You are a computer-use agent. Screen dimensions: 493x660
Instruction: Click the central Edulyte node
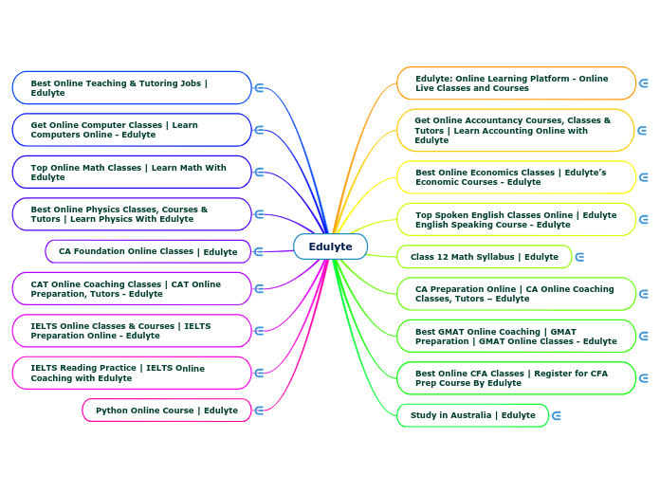click(330, 246)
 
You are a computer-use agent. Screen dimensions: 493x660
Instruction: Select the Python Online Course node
click(167, 411)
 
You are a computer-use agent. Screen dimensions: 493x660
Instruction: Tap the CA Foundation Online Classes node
click(148, 251)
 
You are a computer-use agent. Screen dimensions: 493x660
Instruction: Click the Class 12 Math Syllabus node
click(484, 257)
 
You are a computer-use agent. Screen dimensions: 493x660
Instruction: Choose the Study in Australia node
click(472, 415)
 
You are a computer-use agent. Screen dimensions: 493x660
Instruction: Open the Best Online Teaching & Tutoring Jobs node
click(132, 88)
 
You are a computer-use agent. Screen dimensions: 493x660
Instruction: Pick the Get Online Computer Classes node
click(132, 130)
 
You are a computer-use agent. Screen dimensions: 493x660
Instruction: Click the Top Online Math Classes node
click(132, 173)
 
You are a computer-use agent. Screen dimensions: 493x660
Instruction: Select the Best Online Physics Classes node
click(132, 214)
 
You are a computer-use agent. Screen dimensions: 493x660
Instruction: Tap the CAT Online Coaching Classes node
click(132, 289)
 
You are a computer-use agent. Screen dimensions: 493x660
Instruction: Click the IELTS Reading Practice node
click(132, 374)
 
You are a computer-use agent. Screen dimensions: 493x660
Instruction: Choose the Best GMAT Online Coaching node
click(516, 337)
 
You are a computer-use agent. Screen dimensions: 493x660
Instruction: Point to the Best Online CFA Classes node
click(516, 378)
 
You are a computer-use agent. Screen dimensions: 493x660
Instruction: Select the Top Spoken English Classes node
click(516, 220)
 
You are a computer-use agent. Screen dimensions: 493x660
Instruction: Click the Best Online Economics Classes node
click(516, 177)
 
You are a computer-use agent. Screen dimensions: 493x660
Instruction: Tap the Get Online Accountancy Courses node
click(516, 131)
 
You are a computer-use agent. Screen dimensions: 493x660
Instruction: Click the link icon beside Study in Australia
click(557, 415)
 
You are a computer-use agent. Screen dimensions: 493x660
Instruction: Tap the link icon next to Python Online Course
click(259, 411)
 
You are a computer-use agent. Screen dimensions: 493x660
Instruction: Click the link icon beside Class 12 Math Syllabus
click(579, 257)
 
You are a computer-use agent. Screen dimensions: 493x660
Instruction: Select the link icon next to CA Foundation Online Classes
click(259, 251)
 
